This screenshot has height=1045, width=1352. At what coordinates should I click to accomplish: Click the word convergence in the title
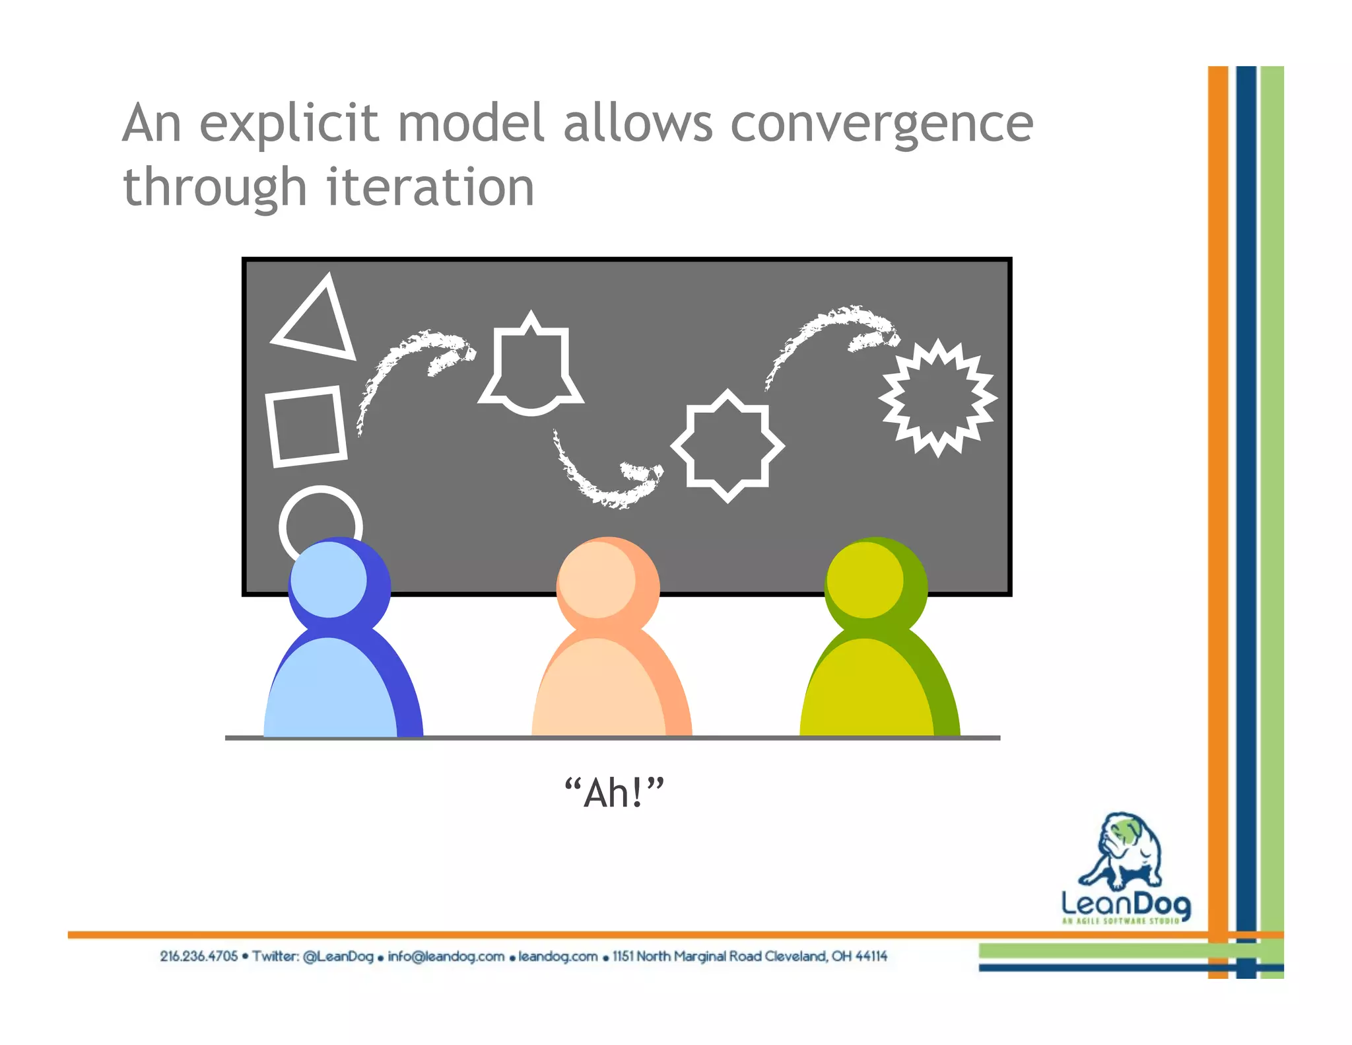[x=881, y=124]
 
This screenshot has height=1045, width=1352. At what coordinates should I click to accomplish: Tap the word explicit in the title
[x=289, y=124]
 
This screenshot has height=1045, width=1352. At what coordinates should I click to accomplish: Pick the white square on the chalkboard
[x=306, y=427]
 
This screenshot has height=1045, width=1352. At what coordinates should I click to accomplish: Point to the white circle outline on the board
[x=320, y=512]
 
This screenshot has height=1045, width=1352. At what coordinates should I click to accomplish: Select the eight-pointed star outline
[x=727, y=447]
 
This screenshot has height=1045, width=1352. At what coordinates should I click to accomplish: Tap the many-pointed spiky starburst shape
[x=937, y=398]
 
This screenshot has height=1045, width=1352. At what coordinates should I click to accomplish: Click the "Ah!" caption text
[x=614, y=793]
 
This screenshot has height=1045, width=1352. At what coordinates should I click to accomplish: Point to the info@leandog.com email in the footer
[x=446, y=956]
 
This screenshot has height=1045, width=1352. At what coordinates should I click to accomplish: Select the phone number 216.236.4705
[x=198, y=956]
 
